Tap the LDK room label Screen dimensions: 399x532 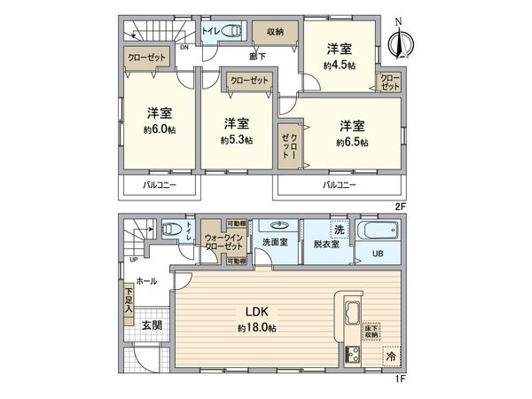(256, 311)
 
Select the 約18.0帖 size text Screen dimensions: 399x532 (256, 328)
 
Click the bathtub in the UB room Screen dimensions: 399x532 (382, 233)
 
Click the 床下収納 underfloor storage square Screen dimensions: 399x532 (371, 332)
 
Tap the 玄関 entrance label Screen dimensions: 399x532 (152, 325)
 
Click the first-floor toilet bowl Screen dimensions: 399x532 (171, 230)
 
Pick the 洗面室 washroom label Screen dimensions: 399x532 (273, 241)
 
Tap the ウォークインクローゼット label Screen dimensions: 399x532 (221, 242)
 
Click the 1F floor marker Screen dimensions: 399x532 (400, 379)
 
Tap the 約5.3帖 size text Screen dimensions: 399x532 (236, 140)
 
